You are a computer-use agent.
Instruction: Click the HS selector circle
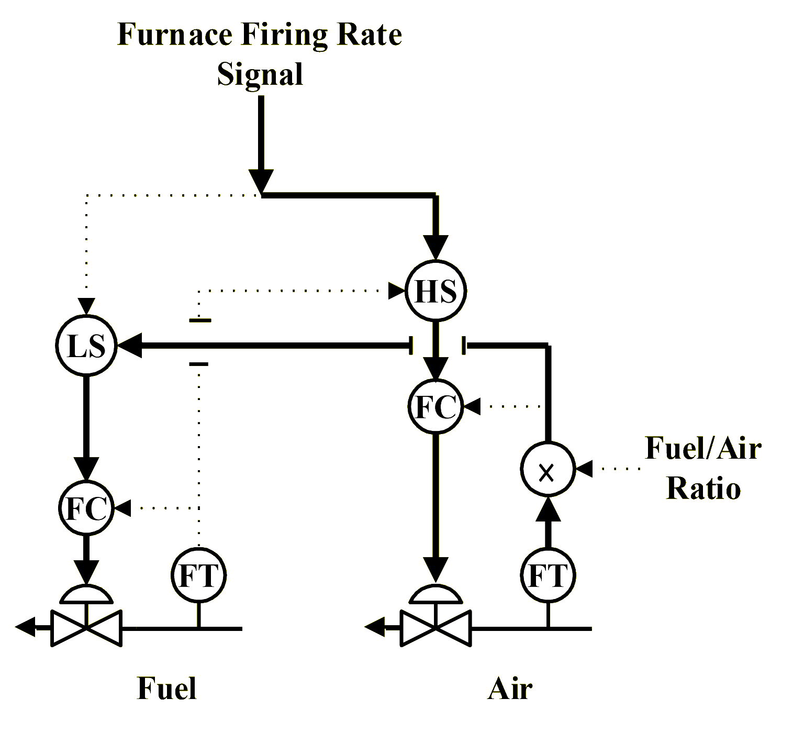coord(435,291)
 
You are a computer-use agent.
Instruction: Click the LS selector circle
coord(85,346)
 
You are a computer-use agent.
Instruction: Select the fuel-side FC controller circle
coord(85,507)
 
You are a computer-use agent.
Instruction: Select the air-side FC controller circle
coord(435,406)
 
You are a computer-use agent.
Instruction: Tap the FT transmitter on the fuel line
coord(198,575)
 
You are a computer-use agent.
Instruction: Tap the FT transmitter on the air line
coord(548,575)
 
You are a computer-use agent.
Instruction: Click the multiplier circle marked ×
coord(548,469)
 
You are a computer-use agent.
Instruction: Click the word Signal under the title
coord(261,73)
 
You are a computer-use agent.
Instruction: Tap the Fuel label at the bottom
coord(166,687)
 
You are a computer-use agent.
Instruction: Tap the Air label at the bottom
coord(511,687)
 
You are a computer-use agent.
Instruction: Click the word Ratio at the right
coord(703,488)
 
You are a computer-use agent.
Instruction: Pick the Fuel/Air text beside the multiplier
coord(702,448)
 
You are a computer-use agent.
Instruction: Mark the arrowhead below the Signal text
coord(261,181)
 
